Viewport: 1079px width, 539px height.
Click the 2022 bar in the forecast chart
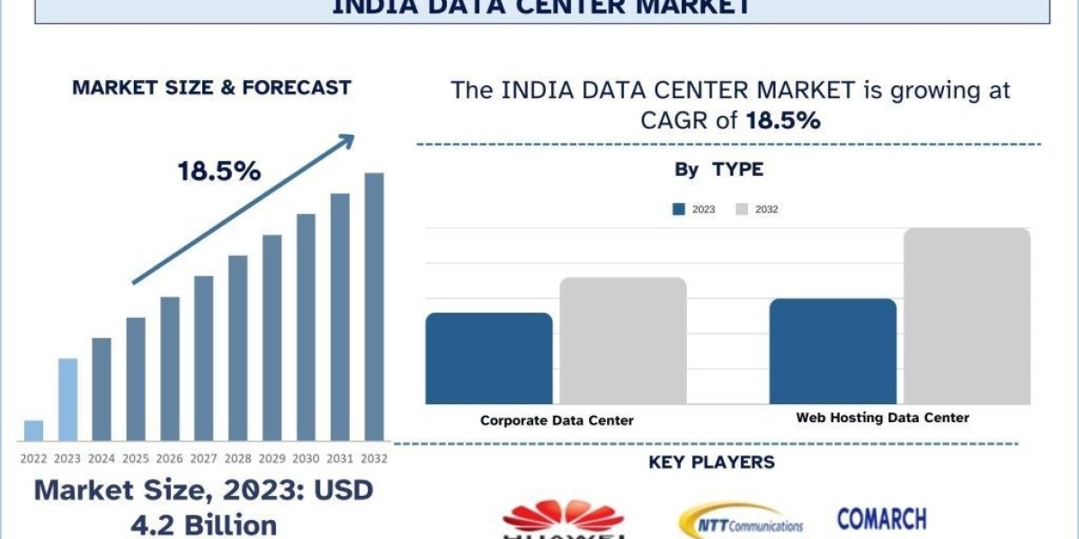pos(33,430)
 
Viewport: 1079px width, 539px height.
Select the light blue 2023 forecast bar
pos(67,400)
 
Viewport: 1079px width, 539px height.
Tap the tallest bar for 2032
pos(373,306)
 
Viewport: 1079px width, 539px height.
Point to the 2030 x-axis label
pos(306,458)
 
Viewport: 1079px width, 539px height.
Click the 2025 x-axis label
pos(136,458)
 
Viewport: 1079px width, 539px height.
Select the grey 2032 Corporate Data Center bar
pos(623,340)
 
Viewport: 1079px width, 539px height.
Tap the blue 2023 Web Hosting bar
pos(833,351)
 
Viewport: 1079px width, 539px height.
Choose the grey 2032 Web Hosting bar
pos(967,315)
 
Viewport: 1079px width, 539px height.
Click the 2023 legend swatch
pos(679,209)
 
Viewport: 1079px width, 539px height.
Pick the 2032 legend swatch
pos(742,209)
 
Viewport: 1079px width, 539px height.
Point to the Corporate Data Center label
pos(557,420)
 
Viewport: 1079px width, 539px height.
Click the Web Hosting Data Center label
pos(883,418)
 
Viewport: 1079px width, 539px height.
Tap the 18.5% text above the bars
pos(219,172)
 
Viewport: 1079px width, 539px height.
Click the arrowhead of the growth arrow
pos(346,142)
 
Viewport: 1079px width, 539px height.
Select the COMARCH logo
pos(881,518)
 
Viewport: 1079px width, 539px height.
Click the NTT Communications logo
pos(740,522)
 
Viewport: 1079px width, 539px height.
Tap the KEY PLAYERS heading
pos(711,463)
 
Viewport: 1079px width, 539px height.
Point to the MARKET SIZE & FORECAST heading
pos(211,88)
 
